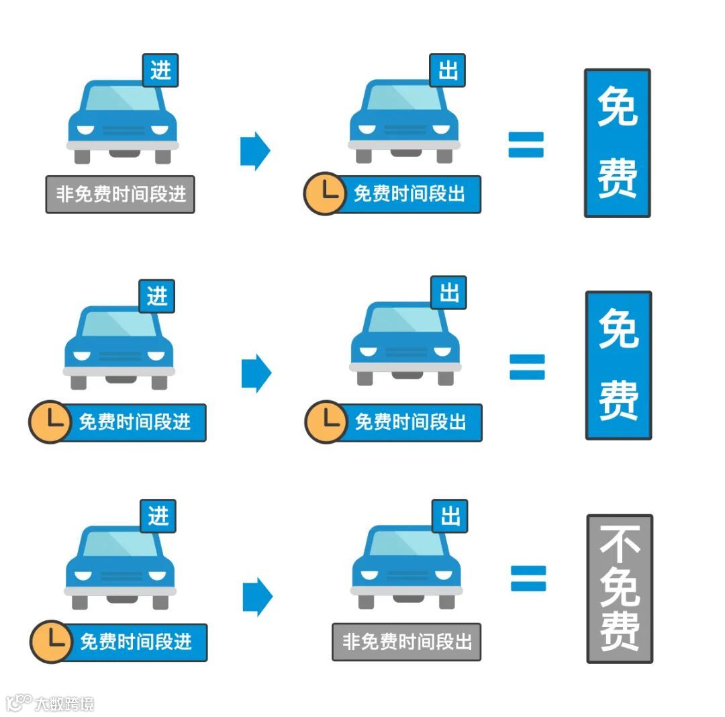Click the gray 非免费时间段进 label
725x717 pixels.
tap(120, 195)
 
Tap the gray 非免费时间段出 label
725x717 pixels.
tap(407, 642)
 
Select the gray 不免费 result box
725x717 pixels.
tap(620, 589)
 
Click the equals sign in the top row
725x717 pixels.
tap(526, 144)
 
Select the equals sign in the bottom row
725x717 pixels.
tap(528, 578)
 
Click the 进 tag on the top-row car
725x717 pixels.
tap(160, 70)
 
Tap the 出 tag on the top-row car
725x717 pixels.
tap(448, 70)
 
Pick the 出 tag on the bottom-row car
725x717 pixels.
tap(450, 516)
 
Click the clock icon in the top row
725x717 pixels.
tap(324, 194)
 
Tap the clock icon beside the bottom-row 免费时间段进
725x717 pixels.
tap(50, 642)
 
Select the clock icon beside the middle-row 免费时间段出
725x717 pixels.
tap(326, 422)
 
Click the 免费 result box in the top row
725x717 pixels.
tap(618, 143)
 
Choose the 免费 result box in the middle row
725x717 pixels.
tap(618, 365)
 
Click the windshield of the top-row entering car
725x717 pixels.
tap(122, 99)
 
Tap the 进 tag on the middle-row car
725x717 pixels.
tap(157, 296)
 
